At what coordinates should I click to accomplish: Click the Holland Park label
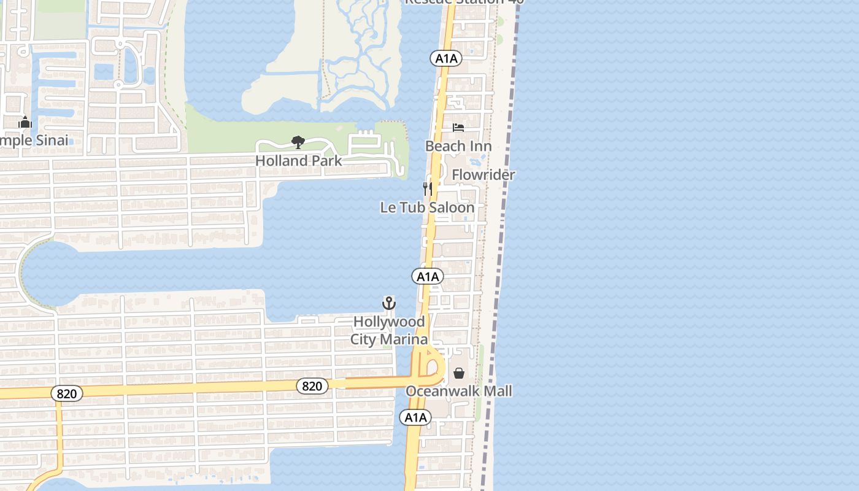click(x=298, y=161)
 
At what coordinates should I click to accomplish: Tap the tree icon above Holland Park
click(x=298, y=143)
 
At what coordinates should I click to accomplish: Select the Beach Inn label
click(x=458, y=146)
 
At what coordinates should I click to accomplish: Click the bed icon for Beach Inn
click(x=458, y=128)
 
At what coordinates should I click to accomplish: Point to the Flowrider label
click(x=483, y=175)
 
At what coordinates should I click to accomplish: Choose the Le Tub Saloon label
click(x=427, y=207)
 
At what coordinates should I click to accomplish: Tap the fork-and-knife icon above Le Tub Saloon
click(x=428, y=188)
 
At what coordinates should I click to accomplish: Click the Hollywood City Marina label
click(x=389, y=330)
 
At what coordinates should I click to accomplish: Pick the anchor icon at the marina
click(x=389, y=303)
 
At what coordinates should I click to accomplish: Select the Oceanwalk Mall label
click(x=459, y=391)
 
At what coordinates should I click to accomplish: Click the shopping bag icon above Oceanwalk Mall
click(x=459, y=373)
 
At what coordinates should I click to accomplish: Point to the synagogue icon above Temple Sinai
click(x=25, y=123)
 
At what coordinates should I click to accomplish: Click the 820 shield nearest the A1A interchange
click(x=312, y=386)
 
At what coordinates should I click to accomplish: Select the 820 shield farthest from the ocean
click(x=66, y=393)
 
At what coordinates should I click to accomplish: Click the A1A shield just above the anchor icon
click(x=427, y=277)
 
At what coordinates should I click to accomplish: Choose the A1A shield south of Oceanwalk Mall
click(x=415, y=418)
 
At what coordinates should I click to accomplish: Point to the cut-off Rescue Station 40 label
click(x=464, y=2)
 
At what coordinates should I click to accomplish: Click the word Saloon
click(x=452, y=207)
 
